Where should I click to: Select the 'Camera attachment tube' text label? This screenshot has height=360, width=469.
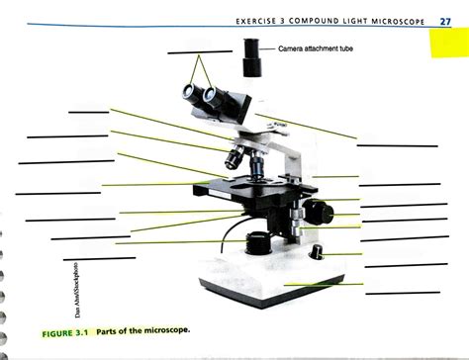[316, 47]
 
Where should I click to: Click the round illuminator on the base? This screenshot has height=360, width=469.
[258, 241]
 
